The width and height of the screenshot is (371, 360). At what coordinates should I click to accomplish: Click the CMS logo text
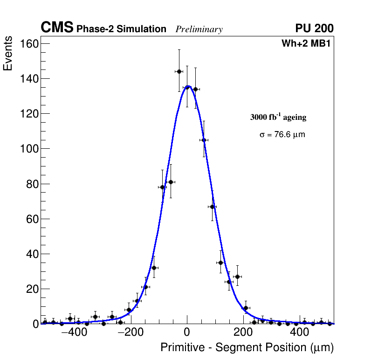tap(57, 28)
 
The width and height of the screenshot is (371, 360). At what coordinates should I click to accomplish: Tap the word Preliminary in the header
tap(199, 29)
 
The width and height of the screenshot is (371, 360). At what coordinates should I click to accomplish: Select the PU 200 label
tap(314, 28)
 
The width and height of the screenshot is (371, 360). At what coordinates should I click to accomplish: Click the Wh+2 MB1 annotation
tap(306, 44)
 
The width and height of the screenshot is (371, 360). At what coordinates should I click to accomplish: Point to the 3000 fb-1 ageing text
tap(278, 117)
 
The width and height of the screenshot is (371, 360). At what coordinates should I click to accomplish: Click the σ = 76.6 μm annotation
tap(282, 135)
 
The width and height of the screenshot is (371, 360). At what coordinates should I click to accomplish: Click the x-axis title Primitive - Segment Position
tap(247, 348)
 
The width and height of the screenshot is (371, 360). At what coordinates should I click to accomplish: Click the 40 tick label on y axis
tap(31, 254)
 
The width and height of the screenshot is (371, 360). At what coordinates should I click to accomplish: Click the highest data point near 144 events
tap(179, 71)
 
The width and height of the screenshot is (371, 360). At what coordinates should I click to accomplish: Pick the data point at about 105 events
tap(204, 140)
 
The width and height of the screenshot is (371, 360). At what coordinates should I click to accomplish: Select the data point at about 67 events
tap(212, 207)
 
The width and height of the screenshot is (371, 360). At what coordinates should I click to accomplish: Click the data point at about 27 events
tap(237, 277)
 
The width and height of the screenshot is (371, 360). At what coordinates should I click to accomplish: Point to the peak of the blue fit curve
tap(188, 86)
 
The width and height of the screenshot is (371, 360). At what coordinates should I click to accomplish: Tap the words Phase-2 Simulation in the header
tap(121, 29)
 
